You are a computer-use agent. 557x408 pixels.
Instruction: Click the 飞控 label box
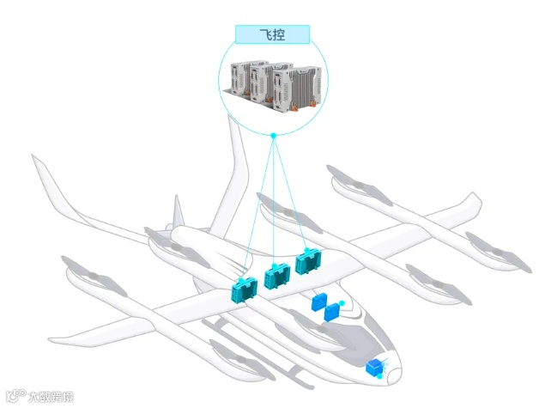[272, 34]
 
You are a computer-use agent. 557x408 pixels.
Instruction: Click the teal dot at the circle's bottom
[273, 135]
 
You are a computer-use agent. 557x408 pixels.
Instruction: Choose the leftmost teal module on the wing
[245, 290]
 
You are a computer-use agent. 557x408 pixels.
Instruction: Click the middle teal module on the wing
[276, 277]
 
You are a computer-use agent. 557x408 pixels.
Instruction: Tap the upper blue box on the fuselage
[320, 300]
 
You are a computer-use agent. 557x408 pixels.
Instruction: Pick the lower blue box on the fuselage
[332, 313]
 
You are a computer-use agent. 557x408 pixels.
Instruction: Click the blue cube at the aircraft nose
[375, 368]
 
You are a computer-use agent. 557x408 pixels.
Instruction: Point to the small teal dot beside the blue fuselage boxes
[342, 302]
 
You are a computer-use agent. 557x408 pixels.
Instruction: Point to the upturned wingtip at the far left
[39, 163]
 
